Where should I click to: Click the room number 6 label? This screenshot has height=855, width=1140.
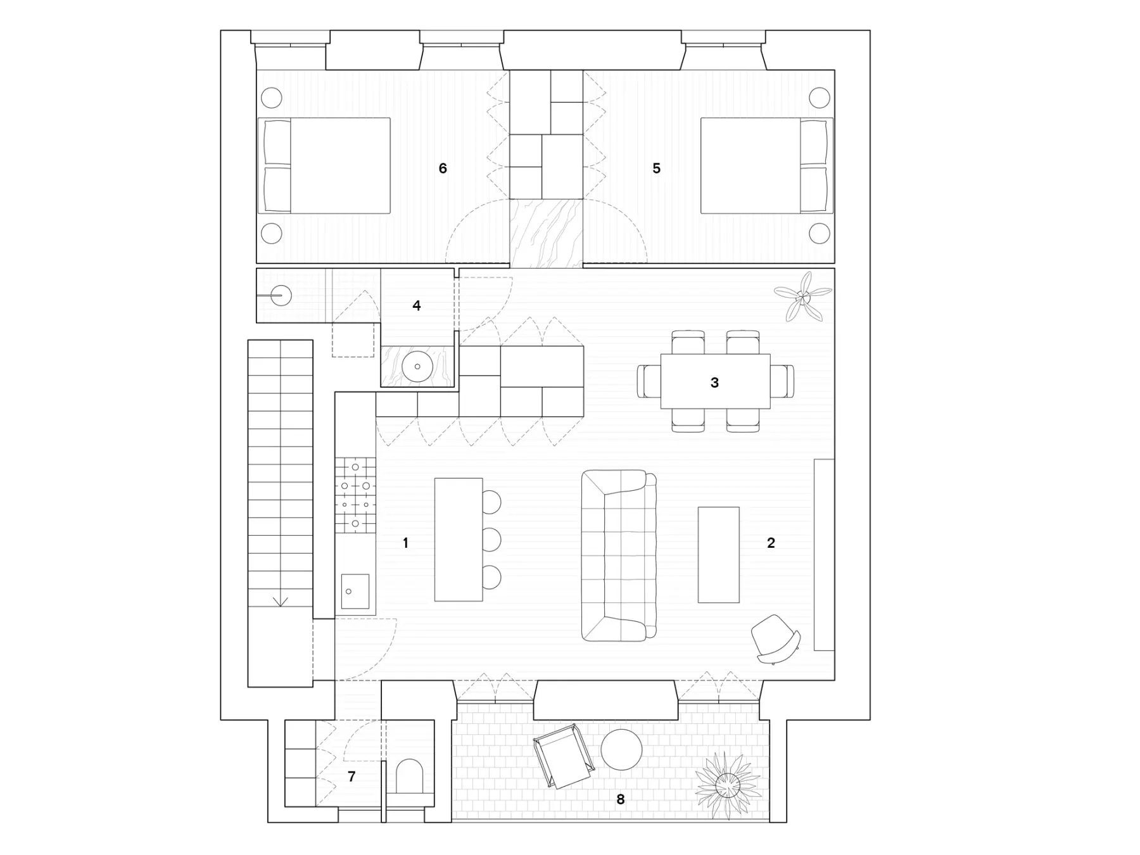pyautogui.click(x=443, y=168)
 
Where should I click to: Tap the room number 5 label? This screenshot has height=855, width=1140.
pyautogui.click(x=656, y=168)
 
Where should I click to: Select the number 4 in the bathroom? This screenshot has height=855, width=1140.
pyautogui.click(x=416, y=305)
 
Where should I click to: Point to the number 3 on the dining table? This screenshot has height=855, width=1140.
pyautogui.click(x=714, y=383)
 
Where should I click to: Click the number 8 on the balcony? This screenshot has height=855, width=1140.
pyautogui.click(x=621, y=799)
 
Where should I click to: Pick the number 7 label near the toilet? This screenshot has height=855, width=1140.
pyautogui.click(x=351, y=776)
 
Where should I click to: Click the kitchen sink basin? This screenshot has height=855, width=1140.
pyautogui.click(x=355, y=592)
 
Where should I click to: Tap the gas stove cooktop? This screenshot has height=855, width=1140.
pyautogui.click(x=355, y=495)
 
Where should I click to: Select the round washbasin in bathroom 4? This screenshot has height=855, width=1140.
pyautogui.click(x=417, y=367)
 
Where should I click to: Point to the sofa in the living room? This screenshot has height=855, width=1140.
pyautogui.click(x=619, y=555)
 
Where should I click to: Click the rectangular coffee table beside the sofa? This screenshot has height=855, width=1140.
pyautogui.click(x=718, y=555)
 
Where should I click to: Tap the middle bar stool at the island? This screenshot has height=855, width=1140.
pyautogui.click(x=491, y=540)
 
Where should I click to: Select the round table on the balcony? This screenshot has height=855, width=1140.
pyautogui.click(x=621, y=749)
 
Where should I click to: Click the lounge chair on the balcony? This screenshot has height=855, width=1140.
pyautogui.click(x=564, y=756)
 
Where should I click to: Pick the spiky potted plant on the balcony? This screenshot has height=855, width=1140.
pyautogui.click(x=727, y=786)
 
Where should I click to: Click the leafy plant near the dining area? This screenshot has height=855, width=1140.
pyautogui.click(x=802, y=296)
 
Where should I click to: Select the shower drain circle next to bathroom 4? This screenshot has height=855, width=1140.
pyautogui.click(x=281, y=296)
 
